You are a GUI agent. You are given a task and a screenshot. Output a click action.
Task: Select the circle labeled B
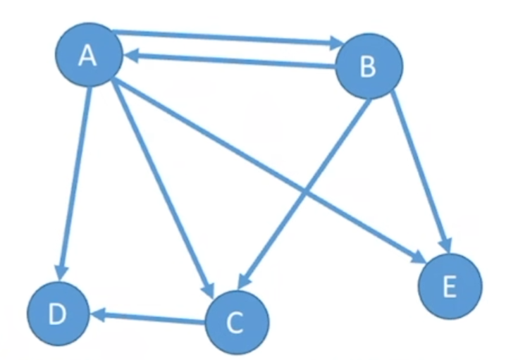[x=369, y=67]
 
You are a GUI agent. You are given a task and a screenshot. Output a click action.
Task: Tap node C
[x=237, y=323]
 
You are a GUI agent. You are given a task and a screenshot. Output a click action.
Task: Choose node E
[x=450, y=286]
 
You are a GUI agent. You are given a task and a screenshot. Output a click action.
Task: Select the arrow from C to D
[x=152, y=318]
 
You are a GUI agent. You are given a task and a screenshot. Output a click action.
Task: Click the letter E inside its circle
[x=450, y=287]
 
